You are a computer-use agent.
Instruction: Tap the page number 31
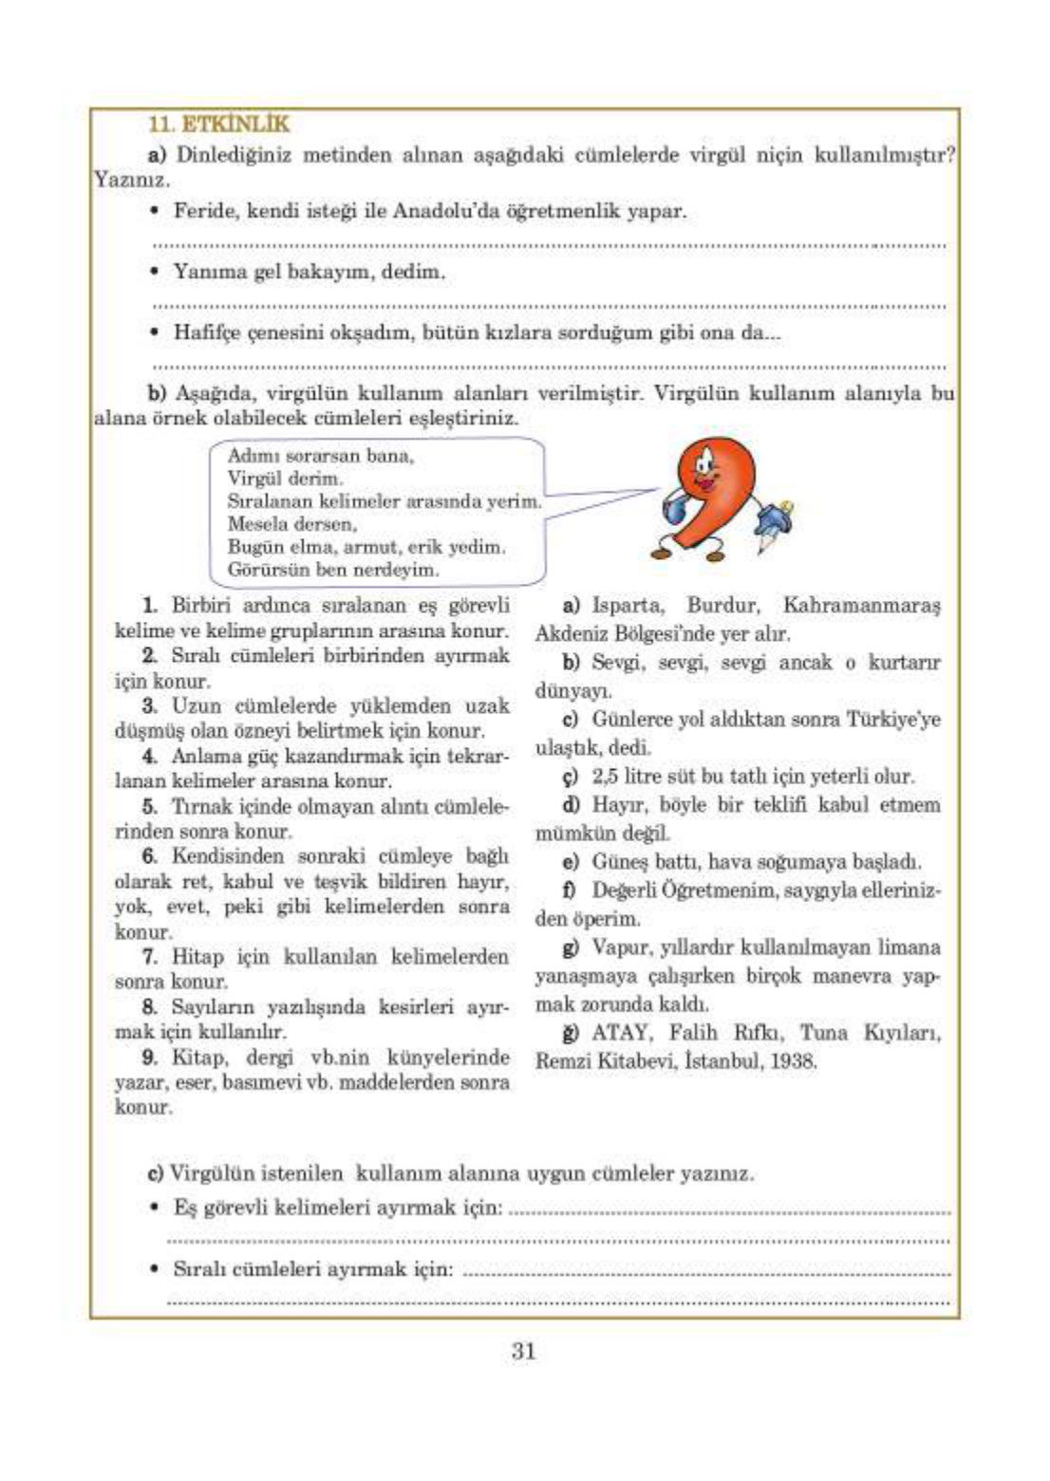523,1351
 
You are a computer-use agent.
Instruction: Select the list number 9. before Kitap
150,1057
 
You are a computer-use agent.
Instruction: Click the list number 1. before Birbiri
150,605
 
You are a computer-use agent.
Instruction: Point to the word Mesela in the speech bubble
257,524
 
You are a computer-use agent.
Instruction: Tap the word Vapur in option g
621,947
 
